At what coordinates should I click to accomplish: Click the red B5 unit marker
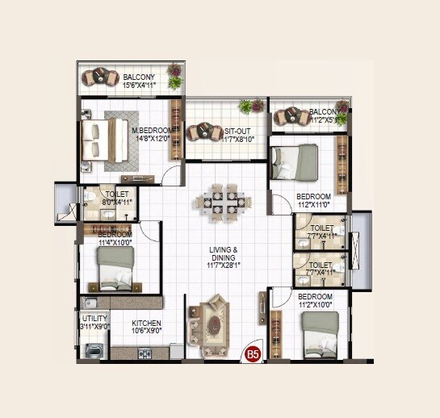point(253,353)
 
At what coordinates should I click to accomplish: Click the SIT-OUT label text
point(236,131)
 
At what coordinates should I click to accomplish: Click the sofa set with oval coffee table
point(211,324)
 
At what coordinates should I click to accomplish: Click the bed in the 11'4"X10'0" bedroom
point(115,268)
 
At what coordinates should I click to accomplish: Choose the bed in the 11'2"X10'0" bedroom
point(320,334)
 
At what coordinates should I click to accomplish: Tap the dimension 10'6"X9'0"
point(147,330)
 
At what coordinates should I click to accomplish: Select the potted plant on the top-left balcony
point(174,76)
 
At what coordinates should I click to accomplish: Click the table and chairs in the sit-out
point(199,132)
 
